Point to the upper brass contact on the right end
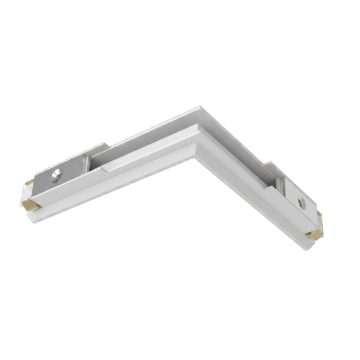(x=319, y=213)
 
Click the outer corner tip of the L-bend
(x=200, y=107)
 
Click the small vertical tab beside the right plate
(x=281, y=184)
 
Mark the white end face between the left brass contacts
(x=28, y=193)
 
